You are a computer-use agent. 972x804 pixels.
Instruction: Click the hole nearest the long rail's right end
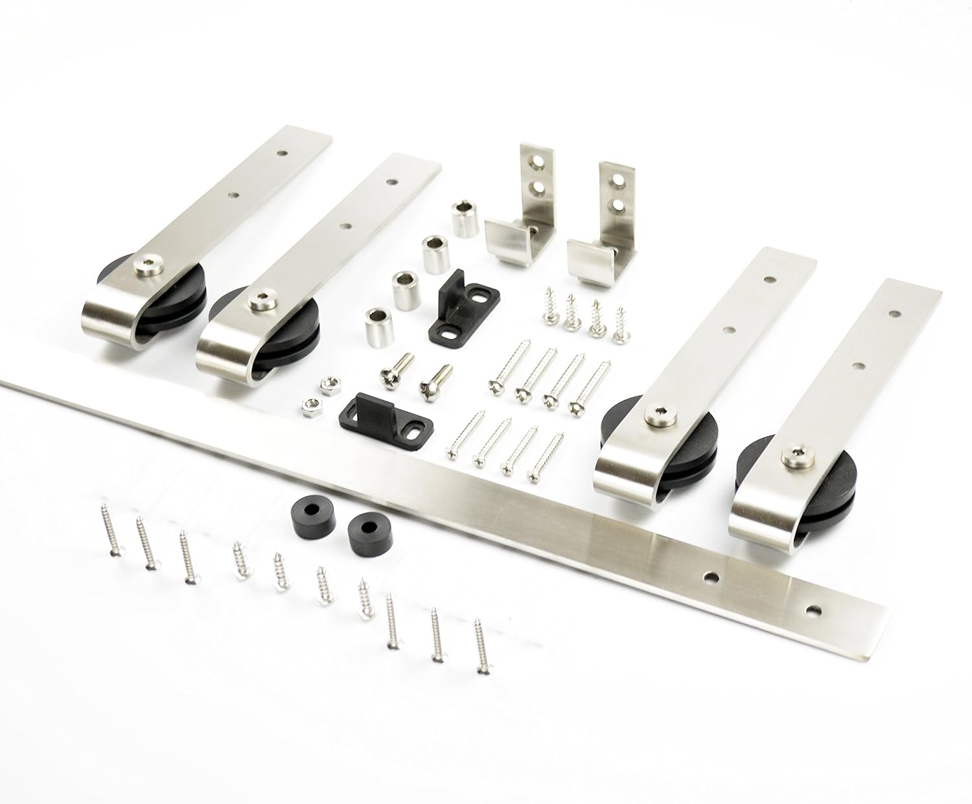pos(812,608)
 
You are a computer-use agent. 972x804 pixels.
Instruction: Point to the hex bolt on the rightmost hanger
pos(794,458)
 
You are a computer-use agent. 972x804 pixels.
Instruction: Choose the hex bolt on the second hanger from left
pos(258,299)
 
